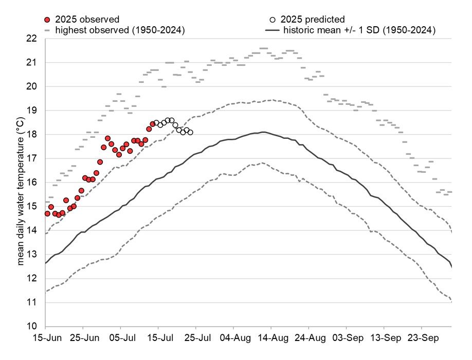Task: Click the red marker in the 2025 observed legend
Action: (47, 20)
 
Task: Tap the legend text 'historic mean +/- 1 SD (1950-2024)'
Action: (359, 30)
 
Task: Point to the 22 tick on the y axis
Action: (31, 39)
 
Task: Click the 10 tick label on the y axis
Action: (31, 327)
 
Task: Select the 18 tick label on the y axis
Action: (31, 135)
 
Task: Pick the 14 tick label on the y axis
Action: (31, 230)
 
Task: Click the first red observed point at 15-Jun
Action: (47, 213)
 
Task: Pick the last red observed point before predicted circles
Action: (153, 124)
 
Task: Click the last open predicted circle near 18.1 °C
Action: (190, 133)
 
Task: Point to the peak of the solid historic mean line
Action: (263, 132)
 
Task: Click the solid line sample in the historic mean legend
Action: (272, 30)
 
